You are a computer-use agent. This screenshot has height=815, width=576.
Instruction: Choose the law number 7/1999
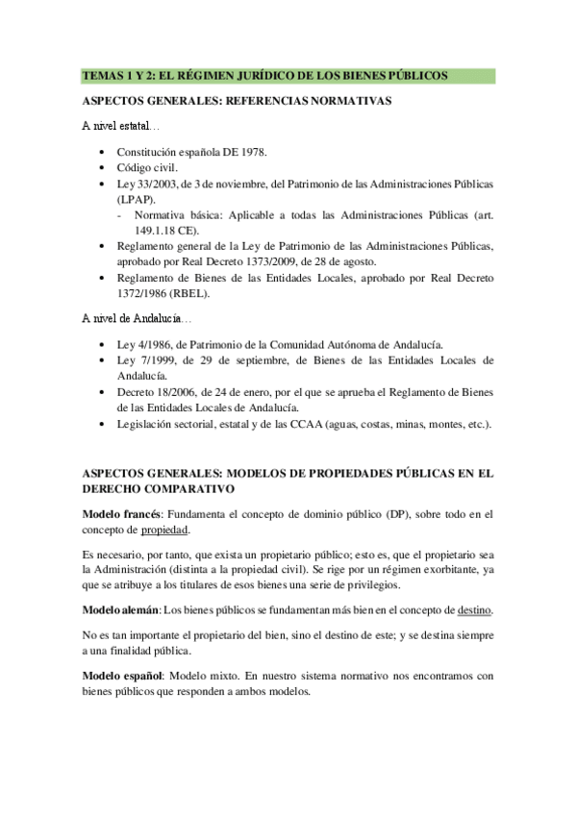[157, 359]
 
